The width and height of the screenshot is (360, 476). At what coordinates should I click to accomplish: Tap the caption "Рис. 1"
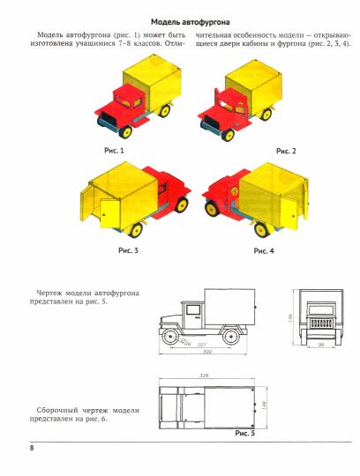[x=114, y=151]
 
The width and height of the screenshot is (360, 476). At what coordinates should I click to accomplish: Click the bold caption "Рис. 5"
[x=244, y=434]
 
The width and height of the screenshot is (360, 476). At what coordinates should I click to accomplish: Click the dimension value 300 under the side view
[x=207, y=352]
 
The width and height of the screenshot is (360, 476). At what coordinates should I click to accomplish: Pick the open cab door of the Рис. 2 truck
[x=217, y=103]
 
